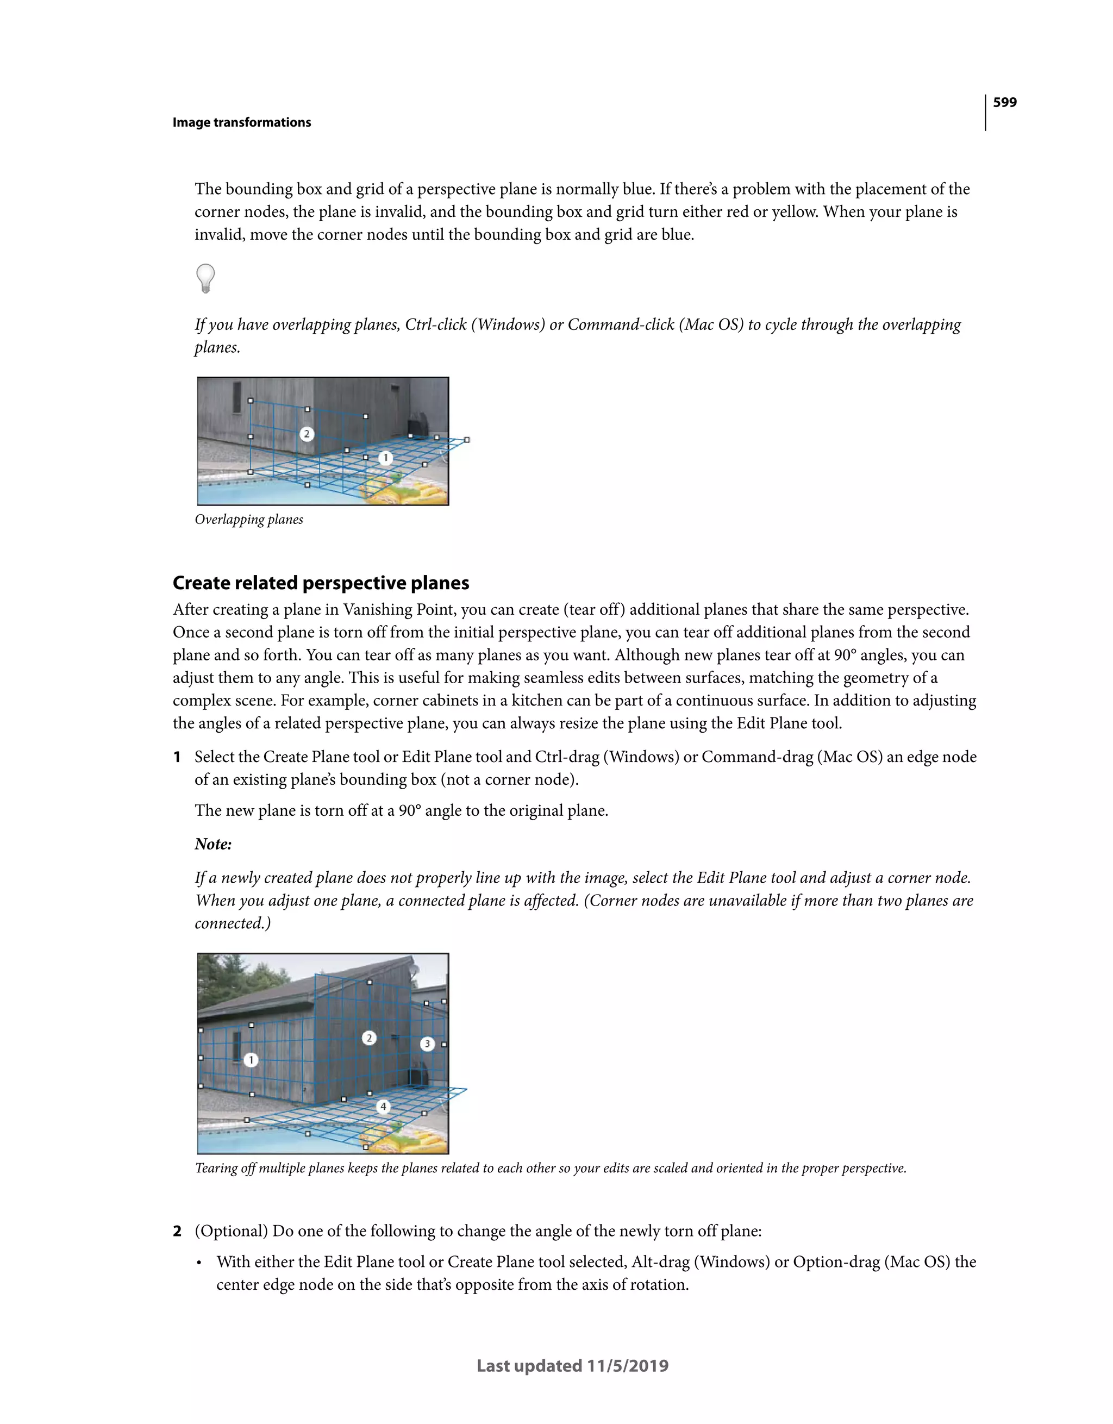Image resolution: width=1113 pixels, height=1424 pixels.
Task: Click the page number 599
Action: tap(1004, 102)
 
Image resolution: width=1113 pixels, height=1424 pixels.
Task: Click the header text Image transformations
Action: tap(241, 123)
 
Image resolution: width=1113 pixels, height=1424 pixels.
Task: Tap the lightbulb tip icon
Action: tap(205, 278)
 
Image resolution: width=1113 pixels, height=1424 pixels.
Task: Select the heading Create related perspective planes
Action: tap(321, 583)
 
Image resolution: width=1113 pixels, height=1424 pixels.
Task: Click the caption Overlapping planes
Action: tap(248, 520)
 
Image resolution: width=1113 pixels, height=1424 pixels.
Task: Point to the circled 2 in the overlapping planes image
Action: tap(307, 434)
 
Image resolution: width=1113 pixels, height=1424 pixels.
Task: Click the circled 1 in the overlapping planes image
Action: tap(385, 458)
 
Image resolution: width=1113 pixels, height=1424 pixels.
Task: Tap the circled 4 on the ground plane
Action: tap(383, 1107)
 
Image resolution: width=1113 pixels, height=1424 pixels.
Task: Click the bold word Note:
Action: tap(213, 845)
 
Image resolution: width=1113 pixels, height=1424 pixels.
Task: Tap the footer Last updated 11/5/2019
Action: tap(572, 1366)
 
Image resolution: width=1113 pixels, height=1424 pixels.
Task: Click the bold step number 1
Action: tap(177, 757)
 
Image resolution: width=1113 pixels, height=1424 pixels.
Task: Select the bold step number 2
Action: tap(177, 1231)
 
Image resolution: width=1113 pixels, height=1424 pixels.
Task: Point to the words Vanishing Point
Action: tap(399, 610)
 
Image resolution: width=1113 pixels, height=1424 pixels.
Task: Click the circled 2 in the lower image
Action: tap(369, 1038)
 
